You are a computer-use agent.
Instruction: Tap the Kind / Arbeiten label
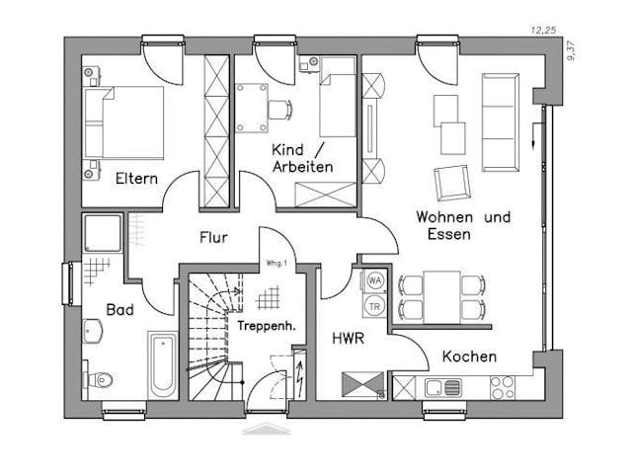pyautogui.click(x=302, y=158)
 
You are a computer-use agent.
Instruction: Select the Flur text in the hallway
pyautogui.click(x=213, y=237)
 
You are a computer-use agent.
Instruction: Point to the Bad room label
pyautogui.click(x=120, y=310)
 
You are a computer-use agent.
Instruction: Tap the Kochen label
pyautogui.click(x=469, y=356)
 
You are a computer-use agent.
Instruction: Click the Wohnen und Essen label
pyautogui.click(x=462, y=225)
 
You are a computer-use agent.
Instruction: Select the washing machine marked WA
pyautogui.click(x=375, y=280)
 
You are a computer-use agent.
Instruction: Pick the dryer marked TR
pyautogui.click(x=375, y=305)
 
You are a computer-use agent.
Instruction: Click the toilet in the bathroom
pyautogui.click(x=99, y=377)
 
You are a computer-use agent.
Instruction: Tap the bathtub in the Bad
pyautogui.click(x=163, y=365)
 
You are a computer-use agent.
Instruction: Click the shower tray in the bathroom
pyautogui.click(x=101, y=232)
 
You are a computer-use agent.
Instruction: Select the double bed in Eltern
pyautogui.click(x=123, y=121)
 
